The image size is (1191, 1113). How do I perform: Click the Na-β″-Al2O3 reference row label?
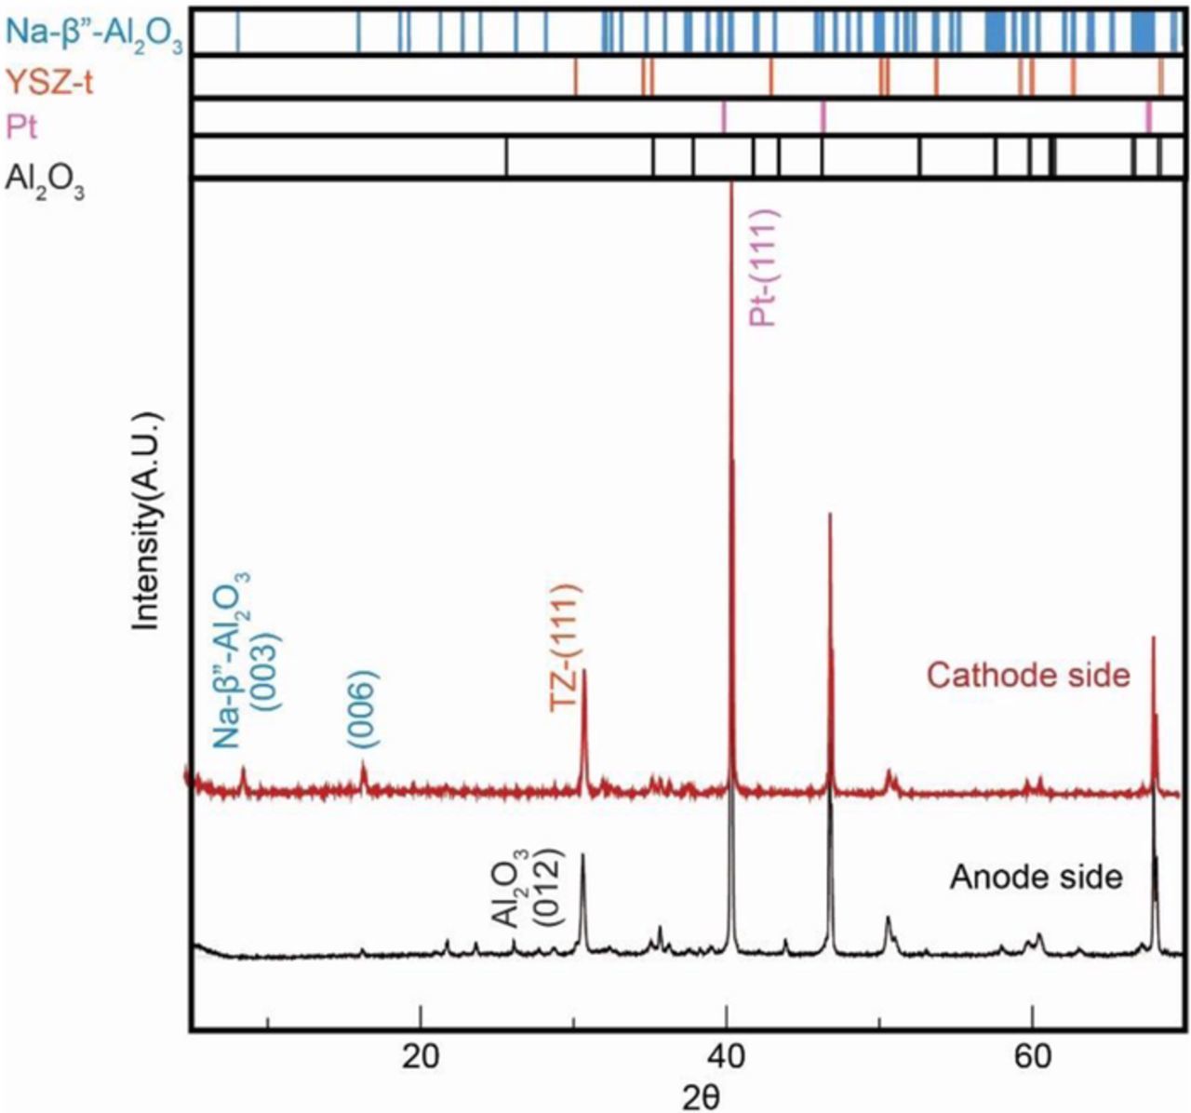click(93, 34)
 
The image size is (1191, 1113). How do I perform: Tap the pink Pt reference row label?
click(22, 126)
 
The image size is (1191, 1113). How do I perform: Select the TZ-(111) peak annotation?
click(566, 649)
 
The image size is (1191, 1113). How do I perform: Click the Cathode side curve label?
click(1029, 674)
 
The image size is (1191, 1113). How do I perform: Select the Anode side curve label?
click(1036, 877)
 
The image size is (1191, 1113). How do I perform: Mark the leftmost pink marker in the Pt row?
click(724, 116)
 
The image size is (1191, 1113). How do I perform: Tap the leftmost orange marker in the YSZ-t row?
click(576, 75)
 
